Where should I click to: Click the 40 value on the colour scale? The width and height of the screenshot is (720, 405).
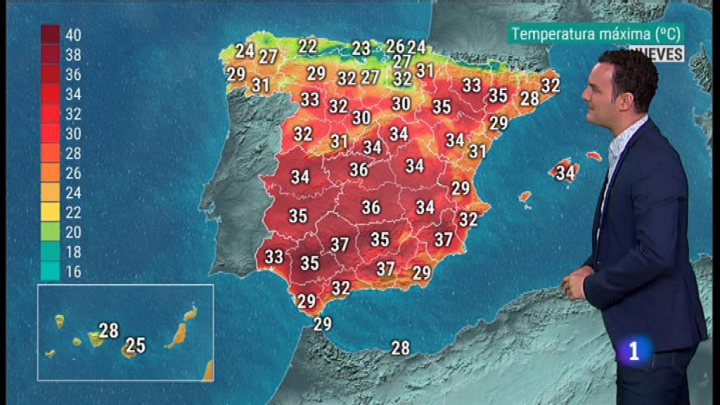click(x=73, y=35)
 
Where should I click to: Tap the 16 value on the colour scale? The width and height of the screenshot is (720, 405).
click(x=73, y=272)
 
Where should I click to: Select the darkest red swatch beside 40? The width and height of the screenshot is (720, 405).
click(x=50, y=35)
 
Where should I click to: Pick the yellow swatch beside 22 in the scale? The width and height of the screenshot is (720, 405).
click(x=50, y=212)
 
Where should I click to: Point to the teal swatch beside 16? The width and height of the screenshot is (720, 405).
click(x=50, y=271)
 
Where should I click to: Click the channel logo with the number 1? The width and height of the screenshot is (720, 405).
click(x=634, y=351)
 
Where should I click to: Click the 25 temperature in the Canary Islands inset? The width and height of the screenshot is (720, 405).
click(x=135, y=346)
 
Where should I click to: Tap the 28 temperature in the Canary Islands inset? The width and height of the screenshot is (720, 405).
click(x=109, y=331)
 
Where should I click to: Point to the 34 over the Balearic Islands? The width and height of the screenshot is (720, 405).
click(x=565, y=172)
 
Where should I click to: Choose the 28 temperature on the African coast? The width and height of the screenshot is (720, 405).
click(x=400, y=348)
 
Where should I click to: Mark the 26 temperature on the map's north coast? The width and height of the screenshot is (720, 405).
click(x=395, y=46)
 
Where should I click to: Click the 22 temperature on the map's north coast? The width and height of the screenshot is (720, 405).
click(x=308, y=46)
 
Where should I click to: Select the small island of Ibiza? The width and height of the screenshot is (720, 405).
click(x=525, y=197)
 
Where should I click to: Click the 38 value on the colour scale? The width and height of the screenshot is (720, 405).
click(x=73, y=55)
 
